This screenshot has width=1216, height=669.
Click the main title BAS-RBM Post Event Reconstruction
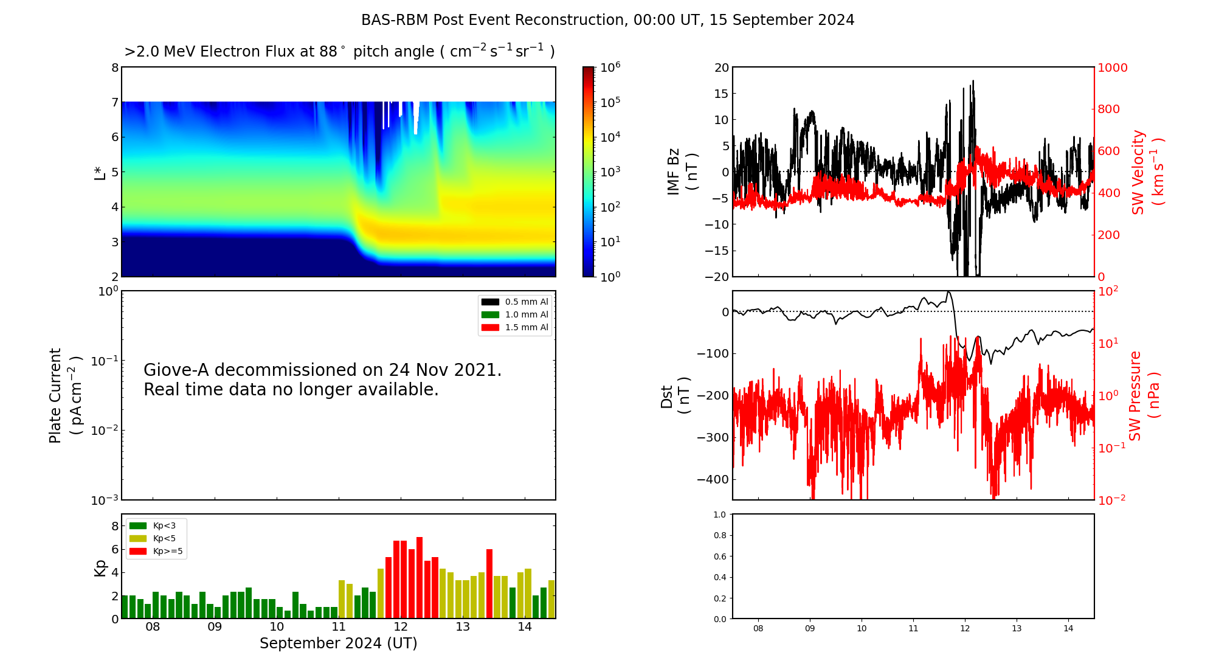pos(607,20)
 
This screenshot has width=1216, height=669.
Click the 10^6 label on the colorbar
pos(610,67)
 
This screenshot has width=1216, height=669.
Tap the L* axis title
pos(100,172)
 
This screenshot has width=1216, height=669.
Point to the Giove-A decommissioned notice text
pos(322,380)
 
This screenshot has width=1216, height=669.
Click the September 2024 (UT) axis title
pos(338,643)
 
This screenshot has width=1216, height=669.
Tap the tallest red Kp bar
pos(420,577)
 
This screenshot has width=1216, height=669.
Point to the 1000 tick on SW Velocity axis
pos(1112,68)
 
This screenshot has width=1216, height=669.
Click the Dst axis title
pos(675,396)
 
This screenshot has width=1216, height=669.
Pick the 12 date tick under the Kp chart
pos(401,627)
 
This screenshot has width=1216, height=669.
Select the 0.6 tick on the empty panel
pos(719,556)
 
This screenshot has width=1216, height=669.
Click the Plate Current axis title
pos(64,395)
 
